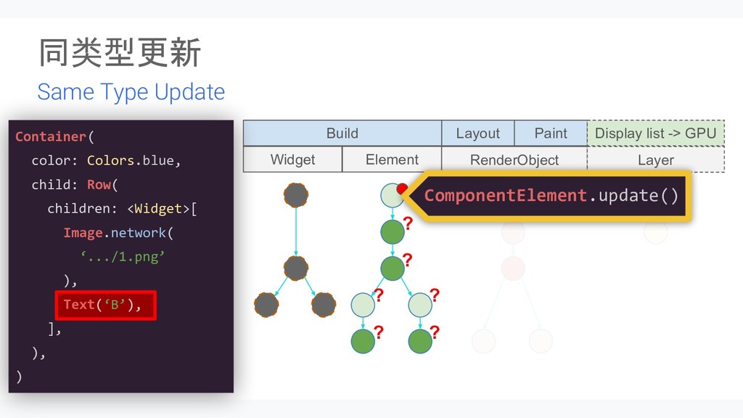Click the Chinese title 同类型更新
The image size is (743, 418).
[x=120, y=54]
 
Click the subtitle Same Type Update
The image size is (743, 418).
[x=131, y=92]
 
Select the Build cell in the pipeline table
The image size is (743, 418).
[x=342, y=134]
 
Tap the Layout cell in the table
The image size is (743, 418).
[x=477, y=134]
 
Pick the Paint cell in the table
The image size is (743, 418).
[x=551, y=134]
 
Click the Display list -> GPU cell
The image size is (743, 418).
[x=655, y=134]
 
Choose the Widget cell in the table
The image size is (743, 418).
[x=292, y=160]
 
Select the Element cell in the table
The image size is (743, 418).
[x=392, y=160]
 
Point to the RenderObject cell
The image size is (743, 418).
[x=514, y=160]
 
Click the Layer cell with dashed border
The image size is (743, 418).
[x=655, y=160]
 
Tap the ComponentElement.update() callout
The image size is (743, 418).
[x=551, y=195]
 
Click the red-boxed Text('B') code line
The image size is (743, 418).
[x=106, y=305]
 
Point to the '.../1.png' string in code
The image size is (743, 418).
[x=123, y=256]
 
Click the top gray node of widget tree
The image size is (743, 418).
[x=296, y=195]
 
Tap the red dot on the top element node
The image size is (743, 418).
[x=401, y=189]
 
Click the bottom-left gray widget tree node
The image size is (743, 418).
[x=266, y=305]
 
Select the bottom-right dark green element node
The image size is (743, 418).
[x=420, y=340]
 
